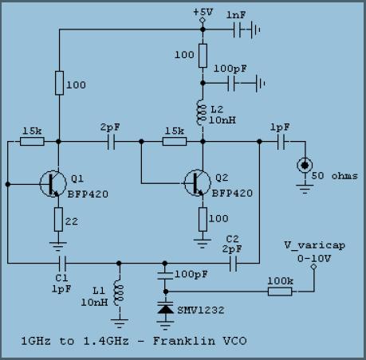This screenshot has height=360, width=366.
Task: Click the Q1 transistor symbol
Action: point(53,184)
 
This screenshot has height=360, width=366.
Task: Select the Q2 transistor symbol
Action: point(198,183)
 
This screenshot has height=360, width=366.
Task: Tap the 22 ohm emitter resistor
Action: point(58,219)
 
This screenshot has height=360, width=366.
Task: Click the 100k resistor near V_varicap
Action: point(280,292)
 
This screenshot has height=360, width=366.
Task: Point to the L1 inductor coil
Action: point(119,295)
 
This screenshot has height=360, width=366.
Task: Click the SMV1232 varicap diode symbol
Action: point(165,308)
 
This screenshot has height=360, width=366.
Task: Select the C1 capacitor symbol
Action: point(62,263)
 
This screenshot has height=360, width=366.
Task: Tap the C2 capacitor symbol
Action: point(233,263)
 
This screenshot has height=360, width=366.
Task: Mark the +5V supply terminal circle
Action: point(203,20)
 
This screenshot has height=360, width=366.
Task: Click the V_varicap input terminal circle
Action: point(313,266)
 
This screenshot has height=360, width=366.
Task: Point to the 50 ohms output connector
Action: point(305,166)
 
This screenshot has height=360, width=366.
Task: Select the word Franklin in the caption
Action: point(184,341)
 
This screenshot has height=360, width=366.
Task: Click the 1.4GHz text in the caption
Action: point(106,341)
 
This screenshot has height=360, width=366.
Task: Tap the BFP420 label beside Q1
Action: point(88,194)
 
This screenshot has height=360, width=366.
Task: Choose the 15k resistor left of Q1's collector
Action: point(32,142)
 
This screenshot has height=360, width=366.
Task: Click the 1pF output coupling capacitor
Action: point(281,142)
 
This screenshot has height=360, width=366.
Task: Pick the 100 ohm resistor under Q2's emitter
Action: point(203,219)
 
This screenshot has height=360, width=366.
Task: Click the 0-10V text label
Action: point(314,258)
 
